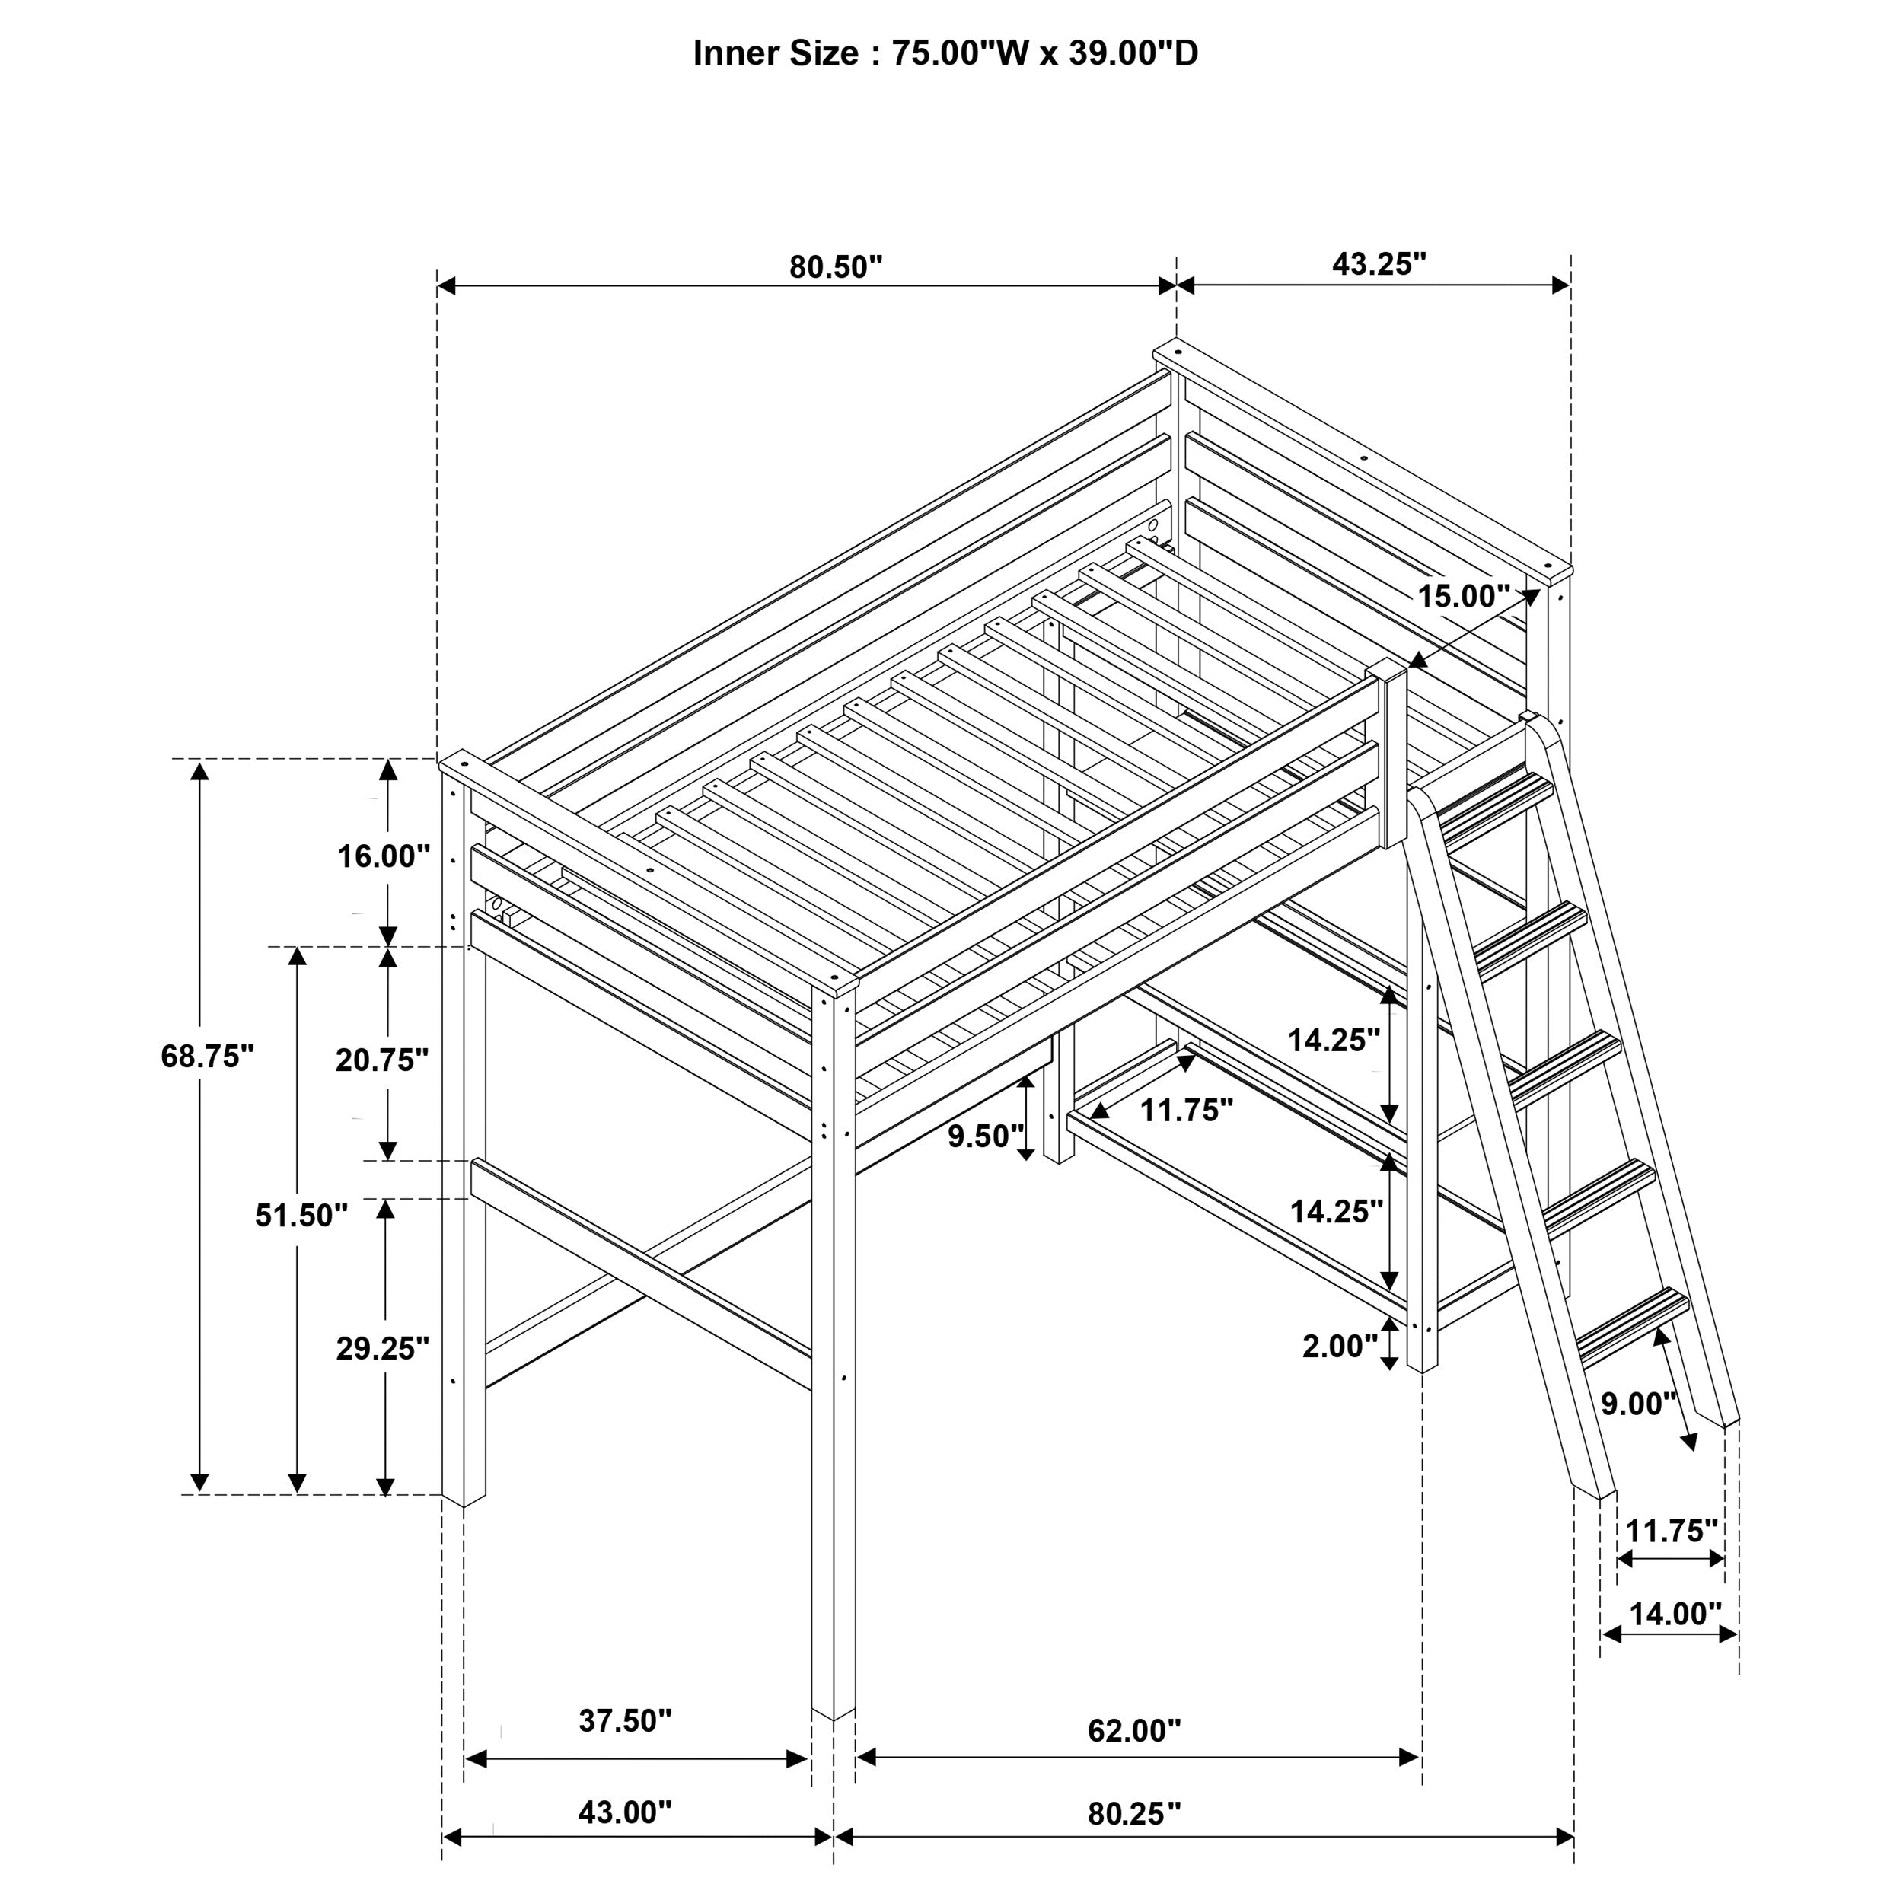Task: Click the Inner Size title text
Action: tap(945, 53)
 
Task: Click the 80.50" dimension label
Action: tap(835, 267)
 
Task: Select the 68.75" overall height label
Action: tap(207, 1056)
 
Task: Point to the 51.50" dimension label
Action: tap(301, 1216)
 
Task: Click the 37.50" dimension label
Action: tap(624, 1721)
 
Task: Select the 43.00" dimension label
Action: tap(624, 1812)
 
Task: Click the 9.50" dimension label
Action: tap(986, 1136)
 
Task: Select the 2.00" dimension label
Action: tap(1340, 1346)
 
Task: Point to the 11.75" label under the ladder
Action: tap(1671, 1531)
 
